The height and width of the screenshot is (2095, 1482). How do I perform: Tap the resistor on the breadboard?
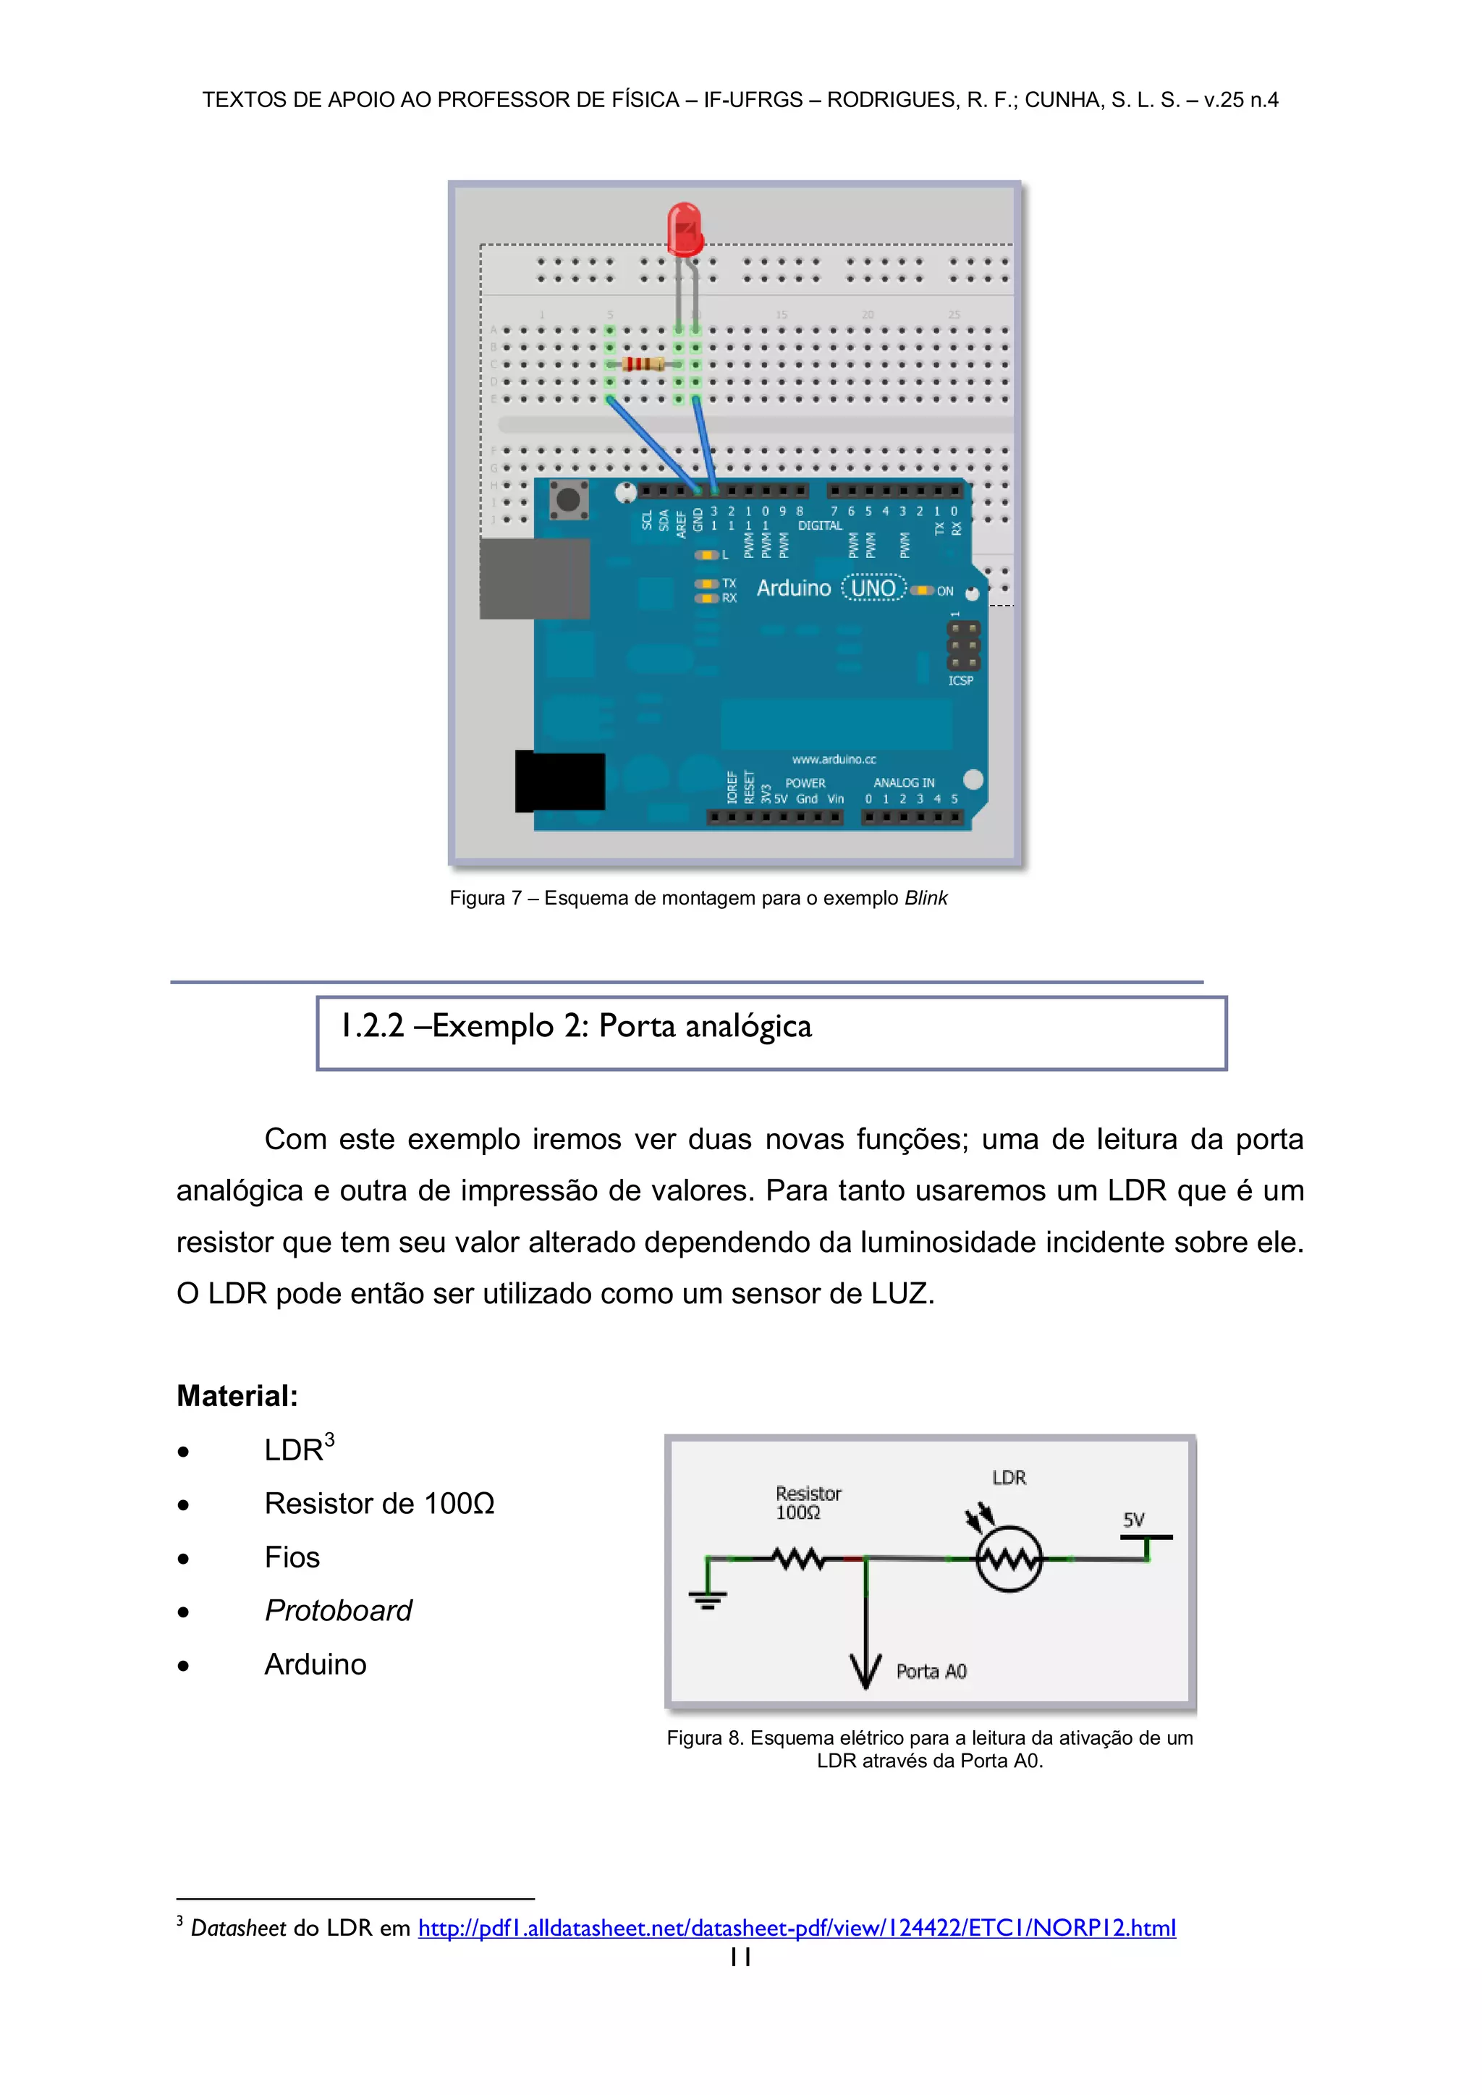643,365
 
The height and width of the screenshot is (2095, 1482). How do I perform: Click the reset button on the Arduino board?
567,500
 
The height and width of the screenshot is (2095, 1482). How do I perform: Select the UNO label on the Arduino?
873,588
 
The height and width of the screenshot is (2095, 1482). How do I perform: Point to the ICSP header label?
960,681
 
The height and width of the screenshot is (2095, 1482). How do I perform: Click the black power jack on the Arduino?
560,781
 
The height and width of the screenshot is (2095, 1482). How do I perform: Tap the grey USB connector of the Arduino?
535,578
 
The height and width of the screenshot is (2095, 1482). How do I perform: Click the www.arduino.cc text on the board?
833,759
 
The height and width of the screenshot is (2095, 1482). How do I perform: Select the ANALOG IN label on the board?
903,783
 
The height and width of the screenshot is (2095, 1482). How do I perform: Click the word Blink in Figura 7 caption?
926,899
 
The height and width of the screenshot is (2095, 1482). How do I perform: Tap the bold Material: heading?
237,1396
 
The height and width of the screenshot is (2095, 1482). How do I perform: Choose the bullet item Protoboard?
338,1610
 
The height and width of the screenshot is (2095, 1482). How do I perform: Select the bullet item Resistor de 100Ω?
378,1504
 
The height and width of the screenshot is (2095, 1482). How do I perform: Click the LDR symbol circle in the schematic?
1008,1559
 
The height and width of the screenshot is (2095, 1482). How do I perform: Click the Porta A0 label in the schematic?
931,1672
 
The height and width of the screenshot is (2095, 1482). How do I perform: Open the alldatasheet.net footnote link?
797,1928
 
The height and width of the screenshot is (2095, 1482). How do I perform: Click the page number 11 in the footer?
740,1956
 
